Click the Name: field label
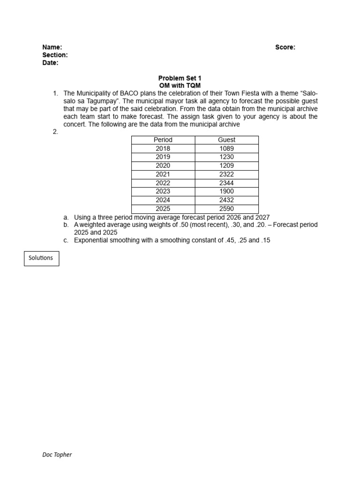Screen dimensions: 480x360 pos(52,47)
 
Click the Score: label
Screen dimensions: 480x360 pos(285,47)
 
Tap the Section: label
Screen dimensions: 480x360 pos(55,55)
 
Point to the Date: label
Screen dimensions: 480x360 pos(50,63)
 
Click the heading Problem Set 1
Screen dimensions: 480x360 pos(180,78)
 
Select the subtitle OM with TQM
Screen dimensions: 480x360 pos(180,86)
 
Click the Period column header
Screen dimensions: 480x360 pos(163,140)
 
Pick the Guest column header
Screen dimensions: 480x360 pos(226,140)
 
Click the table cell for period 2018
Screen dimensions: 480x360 pos(163,149)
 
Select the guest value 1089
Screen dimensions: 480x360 pos(226,149)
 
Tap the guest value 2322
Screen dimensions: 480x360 pos(226,174)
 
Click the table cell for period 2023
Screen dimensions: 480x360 pos(163,192)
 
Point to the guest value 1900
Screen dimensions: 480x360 pos(226,192)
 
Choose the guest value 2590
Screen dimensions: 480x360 pos(226,209)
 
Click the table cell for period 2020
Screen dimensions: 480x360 pos(163,166)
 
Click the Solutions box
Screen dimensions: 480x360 pos(41,258)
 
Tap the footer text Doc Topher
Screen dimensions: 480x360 pos(57,455)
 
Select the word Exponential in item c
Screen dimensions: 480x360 pos(91,240)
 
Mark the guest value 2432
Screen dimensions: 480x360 pos(226,200)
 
